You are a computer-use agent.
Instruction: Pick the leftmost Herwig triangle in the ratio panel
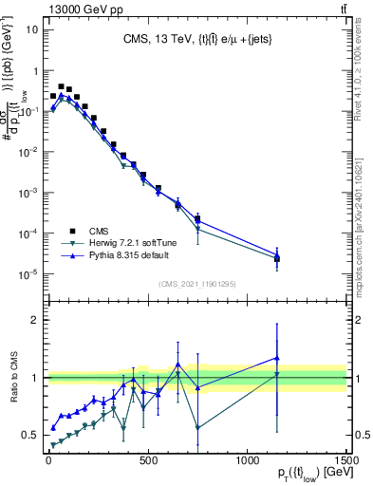(53, 445)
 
